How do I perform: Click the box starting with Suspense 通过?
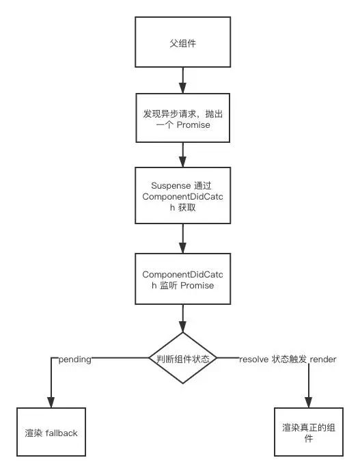click(x=182, y=196)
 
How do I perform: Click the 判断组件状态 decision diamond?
click(x=182, y=357)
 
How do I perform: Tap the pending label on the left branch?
click(x=75, y=357)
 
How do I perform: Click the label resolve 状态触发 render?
click(x=287, y=357)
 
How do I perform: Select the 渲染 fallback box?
click(x=51, y=431)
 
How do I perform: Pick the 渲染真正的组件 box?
click(x=308, y=431)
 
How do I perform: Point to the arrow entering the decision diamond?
click(x=182, y=318)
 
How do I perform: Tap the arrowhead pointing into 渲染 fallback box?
click(x=51, y=403)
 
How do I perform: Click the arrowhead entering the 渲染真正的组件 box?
click(x=308, y=403)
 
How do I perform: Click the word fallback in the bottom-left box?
click(x=63, y=433)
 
